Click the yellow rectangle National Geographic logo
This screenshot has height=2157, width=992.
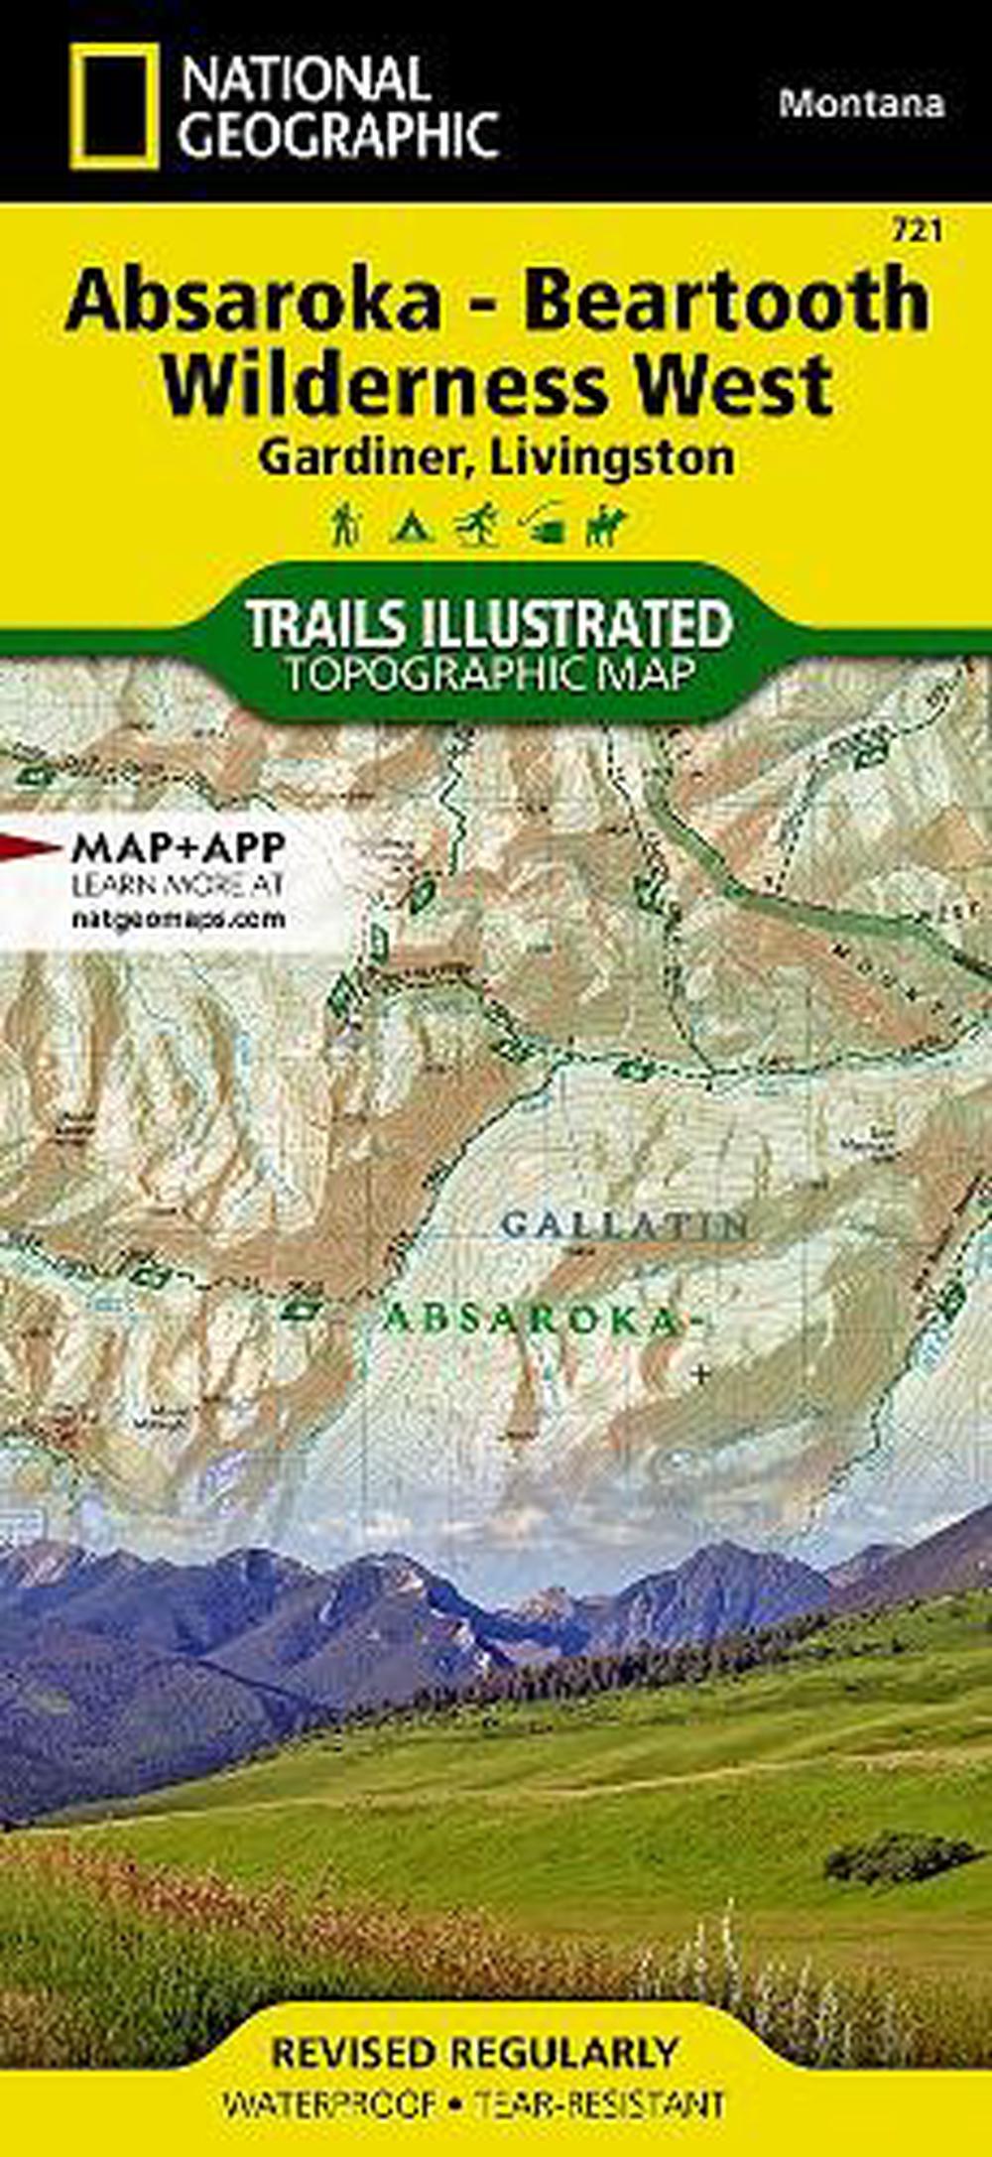[114, 106]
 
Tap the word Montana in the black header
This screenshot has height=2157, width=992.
[861, 103]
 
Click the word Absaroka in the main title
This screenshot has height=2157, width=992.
[253, 302]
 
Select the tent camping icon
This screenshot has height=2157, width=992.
[407, 526]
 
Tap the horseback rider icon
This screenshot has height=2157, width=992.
[606, 526]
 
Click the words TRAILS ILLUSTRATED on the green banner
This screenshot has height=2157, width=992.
[488, 623]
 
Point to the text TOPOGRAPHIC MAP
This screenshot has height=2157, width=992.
[488, 674]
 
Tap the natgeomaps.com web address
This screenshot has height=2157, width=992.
[179, 919]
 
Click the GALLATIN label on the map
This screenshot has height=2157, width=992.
[624, 1225]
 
